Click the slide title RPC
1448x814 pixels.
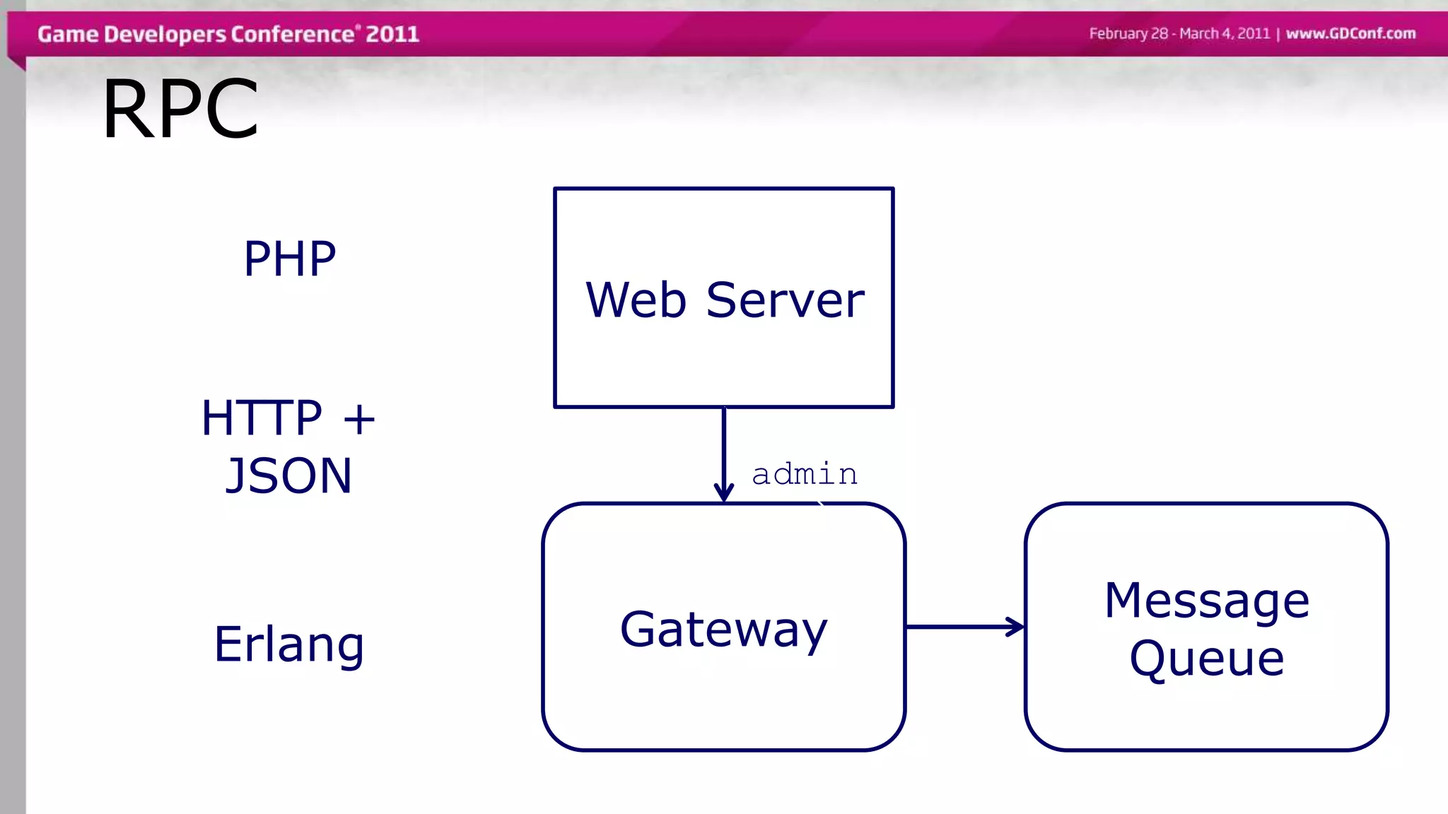180,110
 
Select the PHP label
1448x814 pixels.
290,259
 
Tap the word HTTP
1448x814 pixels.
262,418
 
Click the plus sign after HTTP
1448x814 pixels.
359,419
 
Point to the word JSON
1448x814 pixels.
288,476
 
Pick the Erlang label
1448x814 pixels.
289,644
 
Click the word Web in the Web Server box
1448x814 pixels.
636,300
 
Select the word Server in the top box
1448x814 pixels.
785,300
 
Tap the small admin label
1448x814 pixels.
805,473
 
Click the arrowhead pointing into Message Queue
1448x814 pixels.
1015,627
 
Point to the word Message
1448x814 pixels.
1207,601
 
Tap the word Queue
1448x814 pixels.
1207,659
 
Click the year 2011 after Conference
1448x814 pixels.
392,34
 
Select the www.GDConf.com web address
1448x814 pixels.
1350,33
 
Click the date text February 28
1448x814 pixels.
1128,33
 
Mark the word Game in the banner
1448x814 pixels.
68,34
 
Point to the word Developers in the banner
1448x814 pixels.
165,34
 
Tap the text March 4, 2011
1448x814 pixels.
1225,33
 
